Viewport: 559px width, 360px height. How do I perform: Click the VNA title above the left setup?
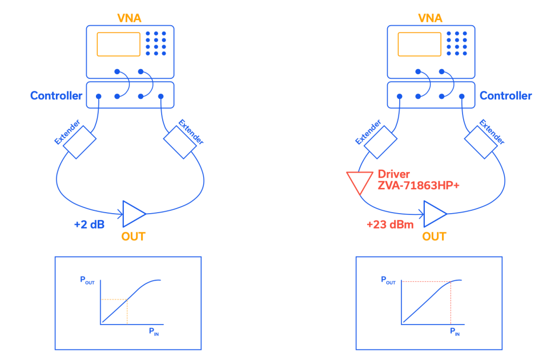pyautogui.click(x=130, y=18)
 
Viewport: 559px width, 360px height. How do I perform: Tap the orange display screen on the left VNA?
pyautogui.click(x=118, y=44)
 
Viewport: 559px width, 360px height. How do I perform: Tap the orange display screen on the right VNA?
pyautogui.click(x=419, y=44)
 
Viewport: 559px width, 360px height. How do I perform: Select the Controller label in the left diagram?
pyautogui.click(x=56, y=95)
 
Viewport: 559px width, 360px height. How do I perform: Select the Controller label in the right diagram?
pyautogui.click(x=505, y=95)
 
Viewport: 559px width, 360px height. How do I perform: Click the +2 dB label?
pyautogui.click(x=89, y=225)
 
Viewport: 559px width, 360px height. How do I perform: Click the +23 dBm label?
pyautogui.click(x=390, y=225)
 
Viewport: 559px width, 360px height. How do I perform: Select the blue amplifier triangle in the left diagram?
pyautogui.click(x=134, y=213)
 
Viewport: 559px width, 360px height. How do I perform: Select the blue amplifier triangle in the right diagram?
pyautogui.click(x=435, y=213)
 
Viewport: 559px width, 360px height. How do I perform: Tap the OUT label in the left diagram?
pyautogui.click(x=133, y=237)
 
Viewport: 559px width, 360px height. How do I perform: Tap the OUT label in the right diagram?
pyautogui.click(x=434, y=237)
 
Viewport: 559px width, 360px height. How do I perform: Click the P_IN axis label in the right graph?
pyautogui.click(x=455, y=332)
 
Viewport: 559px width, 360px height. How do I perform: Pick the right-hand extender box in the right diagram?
pyautogui.click(x=481, y=142)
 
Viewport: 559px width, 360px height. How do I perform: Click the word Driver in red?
pyautogui.click(x=393, y=174)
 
